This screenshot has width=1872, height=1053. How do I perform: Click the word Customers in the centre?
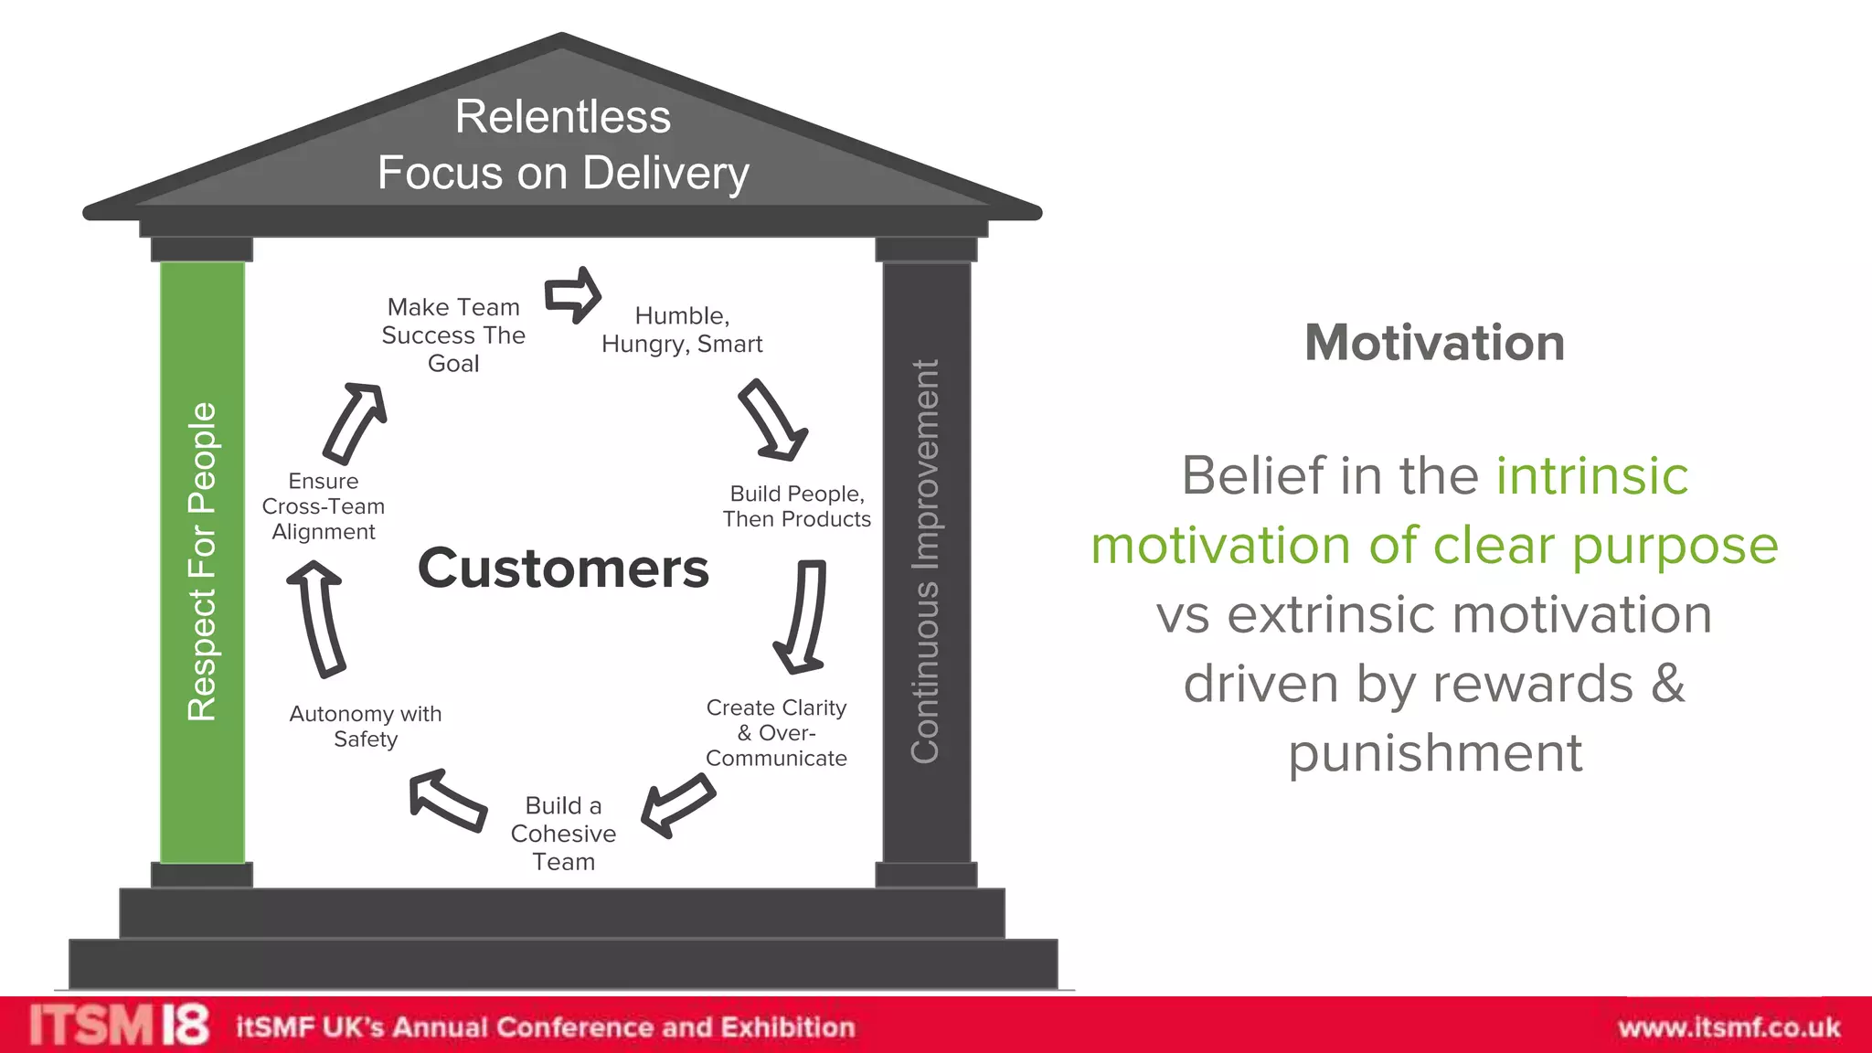point(563,569)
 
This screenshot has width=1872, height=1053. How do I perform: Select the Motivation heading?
point(1434,343)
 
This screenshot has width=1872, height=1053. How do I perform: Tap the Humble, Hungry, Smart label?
point(682,330)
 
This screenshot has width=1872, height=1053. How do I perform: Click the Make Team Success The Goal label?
point(453,335)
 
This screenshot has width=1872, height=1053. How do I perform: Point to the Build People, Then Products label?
point(796,506)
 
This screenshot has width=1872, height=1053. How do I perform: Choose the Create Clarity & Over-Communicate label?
point(776,733)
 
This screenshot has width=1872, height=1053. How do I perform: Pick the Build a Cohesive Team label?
point(563,834)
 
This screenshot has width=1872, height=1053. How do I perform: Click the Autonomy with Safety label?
point(366,727)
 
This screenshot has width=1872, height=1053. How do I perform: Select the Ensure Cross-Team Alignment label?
point(324,506)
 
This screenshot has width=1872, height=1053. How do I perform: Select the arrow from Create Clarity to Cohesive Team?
point(677,805)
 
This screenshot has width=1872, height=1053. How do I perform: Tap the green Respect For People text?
point(202,561)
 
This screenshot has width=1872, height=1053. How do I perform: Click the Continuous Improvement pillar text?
point(926,561)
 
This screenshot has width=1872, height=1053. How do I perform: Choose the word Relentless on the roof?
point(563,117)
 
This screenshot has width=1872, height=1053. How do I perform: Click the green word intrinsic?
point(1591,475)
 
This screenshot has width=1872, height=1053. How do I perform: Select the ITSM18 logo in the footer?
point(119,1025)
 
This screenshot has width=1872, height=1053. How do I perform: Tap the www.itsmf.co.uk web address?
point(1728,1027)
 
